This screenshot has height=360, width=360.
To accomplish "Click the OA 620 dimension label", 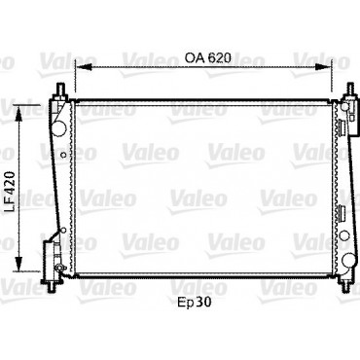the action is [207, 57].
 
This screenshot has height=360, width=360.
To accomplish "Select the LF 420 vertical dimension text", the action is [12, 192].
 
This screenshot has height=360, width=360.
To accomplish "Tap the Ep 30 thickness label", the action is [195, 303].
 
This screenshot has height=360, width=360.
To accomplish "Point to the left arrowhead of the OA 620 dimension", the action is [83, 67].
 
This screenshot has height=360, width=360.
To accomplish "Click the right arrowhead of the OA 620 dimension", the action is [324, 67].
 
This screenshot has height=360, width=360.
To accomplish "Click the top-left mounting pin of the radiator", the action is [60, 89].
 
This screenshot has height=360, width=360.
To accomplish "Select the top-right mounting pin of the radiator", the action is [350, 90].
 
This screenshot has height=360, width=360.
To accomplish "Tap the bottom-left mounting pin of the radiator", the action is [51, 286].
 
